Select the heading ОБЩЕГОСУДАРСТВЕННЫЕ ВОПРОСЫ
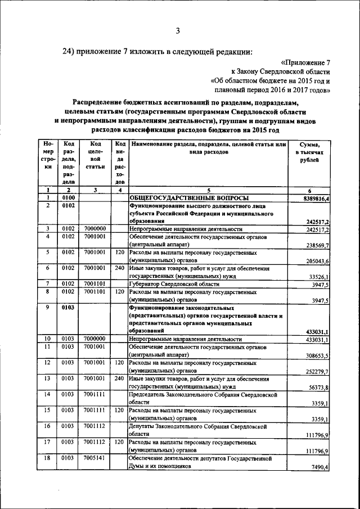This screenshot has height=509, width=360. tap(187, 199)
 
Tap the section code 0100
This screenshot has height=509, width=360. tap(69, 199)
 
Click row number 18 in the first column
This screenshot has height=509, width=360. tap(48, 458)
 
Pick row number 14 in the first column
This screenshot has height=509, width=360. tap(48, 395)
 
